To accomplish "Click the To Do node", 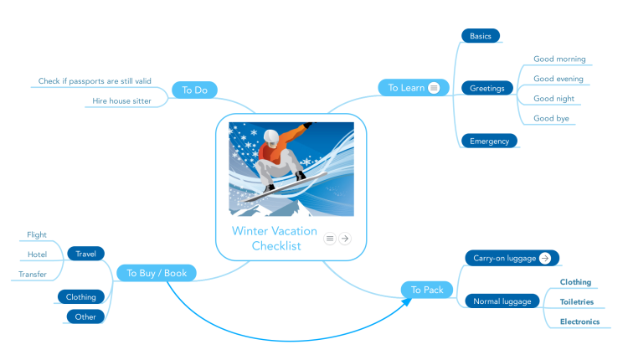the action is point(194,90).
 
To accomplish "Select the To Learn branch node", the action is point(414,88).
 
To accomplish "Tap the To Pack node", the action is point(427,290).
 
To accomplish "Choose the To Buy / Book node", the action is point(157,273).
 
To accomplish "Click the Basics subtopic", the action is point(481,36).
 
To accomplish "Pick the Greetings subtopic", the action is point(487,88).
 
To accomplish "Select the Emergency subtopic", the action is point(490,141).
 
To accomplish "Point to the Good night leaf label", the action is point(554,98).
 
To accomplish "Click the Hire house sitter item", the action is point(121,101).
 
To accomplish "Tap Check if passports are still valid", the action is point(95,81).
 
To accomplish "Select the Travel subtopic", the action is point(85,254).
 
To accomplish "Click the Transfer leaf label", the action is point(33,275).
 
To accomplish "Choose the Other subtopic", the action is point(85,316).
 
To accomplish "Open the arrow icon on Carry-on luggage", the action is point(545,259).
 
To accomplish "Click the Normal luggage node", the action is point(502,301).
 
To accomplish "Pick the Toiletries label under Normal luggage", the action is point(577,302).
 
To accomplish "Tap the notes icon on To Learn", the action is point(434,88).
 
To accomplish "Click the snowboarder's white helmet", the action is point(271,137).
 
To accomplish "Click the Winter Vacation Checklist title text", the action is point(275,239).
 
